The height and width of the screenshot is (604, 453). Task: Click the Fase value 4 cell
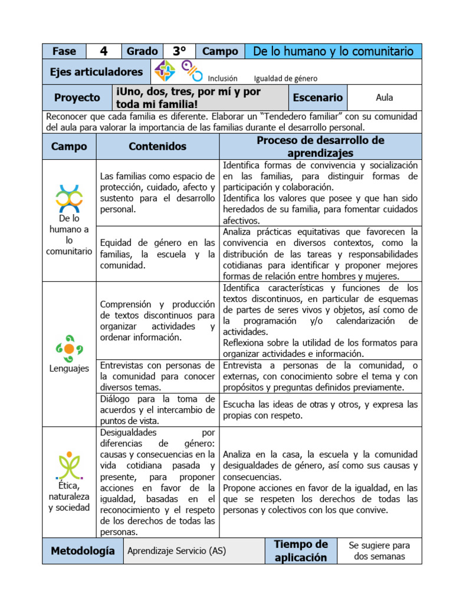[x=104, y=51]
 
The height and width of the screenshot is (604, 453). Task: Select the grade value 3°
[x=179, y=51]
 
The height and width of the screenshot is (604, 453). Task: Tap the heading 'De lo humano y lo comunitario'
[x=333, y=51]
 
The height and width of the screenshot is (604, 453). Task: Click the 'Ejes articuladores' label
[x=96, y=72]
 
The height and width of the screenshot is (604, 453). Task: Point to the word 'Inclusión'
[x=223, y=78]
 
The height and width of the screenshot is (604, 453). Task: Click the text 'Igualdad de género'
[x=285, y=78]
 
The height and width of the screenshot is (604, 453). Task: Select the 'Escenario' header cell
[x=317, y=98]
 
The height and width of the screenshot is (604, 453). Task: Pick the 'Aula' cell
[x=384, y=98]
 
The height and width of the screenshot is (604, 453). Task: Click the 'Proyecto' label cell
[x=77, y=98]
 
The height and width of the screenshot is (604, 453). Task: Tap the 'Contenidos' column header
[x=157, y=146]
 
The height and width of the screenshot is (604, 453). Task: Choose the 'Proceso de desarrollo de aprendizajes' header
[x=320, y=146]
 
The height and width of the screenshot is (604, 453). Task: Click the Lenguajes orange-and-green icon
[x=69, y=348]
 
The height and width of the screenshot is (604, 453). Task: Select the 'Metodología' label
[x=83, y=551]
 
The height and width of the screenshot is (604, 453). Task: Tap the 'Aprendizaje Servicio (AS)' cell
[x=176, y=551]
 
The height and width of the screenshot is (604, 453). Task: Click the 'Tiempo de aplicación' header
[x=300, y=551]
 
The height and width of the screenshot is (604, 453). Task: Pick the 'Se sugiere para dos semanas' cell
[x=379, y=551]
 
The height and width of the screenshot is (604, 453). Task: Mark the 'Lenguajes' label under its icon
[x=69, y=369]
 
